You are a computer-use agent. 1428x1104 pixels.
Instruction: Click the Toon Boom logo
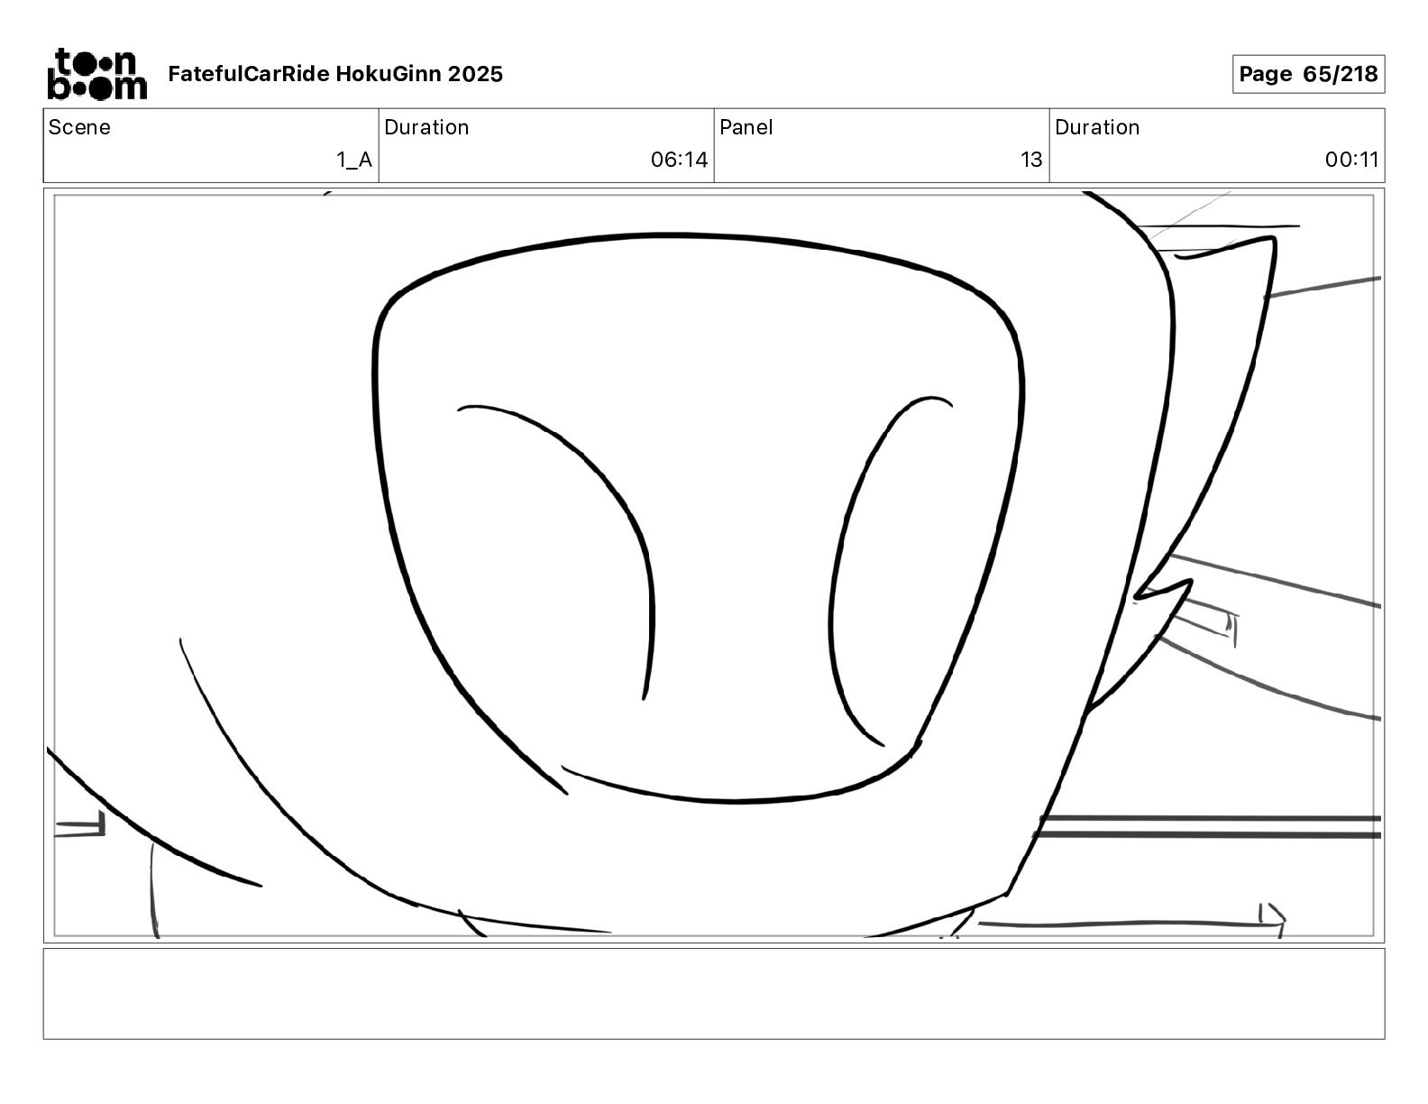(x=96, y=74)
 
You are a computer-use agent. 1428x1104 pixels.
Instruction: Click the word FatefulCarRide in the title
(x=249, y=74)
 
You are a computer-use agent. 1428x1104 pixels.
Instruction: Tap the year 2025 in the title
(x=475, y=74)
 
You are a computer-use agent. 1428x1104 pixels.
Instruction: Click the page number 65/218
(x=1340, y=74)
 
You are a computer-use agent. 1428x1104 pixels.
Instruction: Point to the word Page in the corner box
(x=1265, y=74)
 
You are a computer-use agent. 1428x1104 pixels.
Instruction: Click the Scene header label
(x=79, y=127)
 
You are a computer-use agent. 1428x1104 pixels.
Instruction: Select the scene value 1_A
(x=354, y=161)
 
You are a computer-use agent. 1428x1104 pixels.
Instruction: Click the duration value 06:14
(x=679, y=161)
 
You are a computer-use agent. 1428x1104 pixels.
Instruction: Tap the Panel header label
(x=746, y=127)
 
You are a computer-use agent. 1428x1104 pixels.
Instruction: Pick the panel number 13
(x=1031, y=161)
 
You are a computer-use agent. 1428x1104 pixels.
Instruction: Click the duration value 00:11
(x=1351, y=161)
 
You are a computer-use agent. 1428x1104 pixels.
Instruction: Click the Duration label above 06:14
(x=426, y=127)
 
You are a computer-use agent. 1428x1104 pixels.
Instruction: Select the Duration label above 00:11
(x=1097, y=127)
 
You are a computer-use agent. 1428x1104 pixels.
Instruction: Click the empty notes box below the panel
(x=713, y=993)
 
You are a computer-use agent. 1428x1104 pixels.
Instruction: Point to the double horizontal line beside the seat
(x=1208, y=827)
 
